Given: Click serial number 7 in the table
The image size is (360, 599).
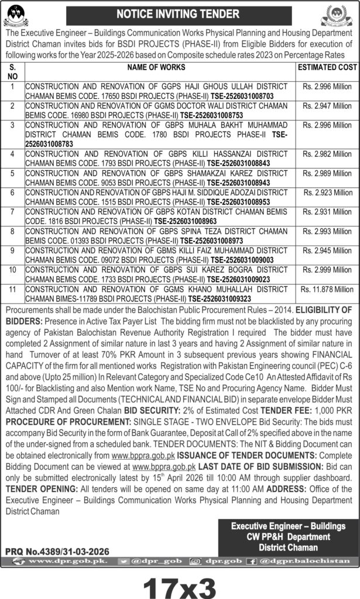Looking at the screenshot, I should pyautogui.click(x=13, y=211).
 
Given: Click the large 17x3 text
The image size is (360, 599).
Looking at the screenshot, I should pyautogui.click(x=180, y=583).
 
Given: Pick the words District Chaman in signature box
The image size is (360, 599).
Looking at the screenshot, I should pyautogui.click(x=289, y=547).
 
